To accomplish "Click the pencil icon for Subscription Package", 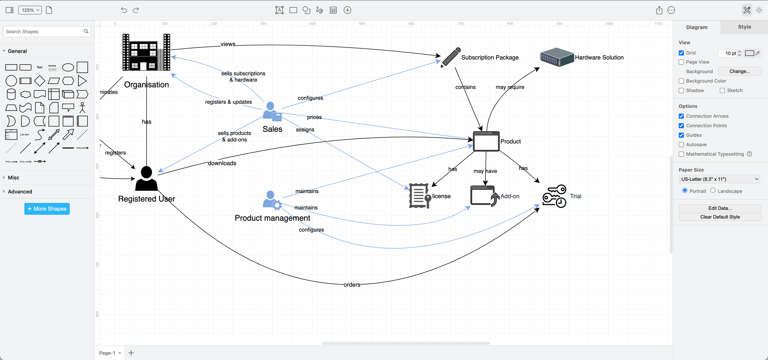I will tap(451, 57).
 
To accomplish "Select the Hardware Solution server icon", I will tap(557, 57).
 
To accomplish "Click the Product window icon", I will tap(486, 141).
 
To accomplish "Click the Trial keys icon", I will tap(554, 196).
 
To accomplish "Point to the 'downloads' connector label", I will tap(222, 163).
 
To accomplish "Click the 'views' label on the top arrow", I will tap(228, 44).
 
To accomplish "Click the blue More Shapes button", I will tap(47, 209).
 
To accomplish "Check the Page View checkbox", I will tap(681, 62).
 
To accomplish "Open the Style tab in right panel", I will tap(744, 27).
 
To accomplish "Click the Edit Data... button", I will tap(720, 208).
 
